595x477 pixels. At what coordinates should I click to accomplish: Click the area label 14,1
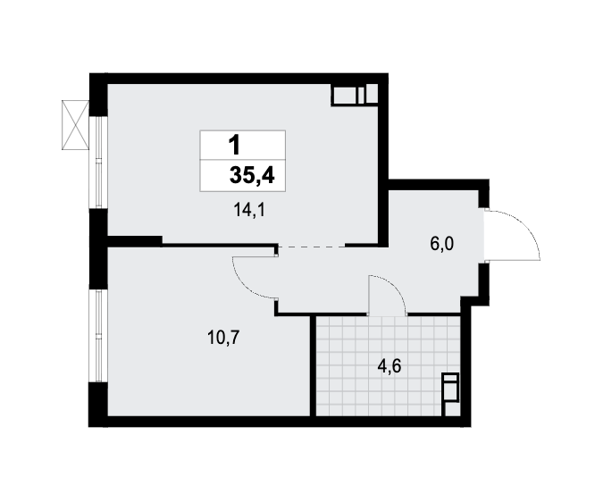pos(249,210)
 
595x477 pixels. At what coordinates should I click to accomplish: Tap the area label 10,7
pos(223,337)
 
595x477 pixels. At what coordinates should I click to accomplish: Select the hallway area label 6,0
pos(442,244)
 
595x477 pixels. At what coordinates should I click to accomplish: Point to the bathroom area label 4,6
pos(390,366)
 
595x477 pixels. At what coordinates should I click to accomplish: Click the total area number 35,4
pos(252,176)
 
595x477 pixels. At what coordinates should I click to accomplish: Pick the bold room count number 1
pos(235,146)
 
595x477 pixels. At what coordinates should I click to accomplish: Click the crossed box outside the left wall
pos(76,125)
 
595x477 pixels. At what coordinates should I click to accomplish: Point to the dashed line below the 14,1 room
pos(312,247)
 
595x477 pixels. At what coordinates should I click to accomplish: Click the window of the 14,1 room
pos(98,162)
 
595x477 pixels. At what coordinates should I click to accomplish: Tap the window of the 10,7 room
pos(98,336)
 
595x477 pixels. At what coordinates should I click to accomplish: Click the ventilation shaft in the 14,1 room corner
pos(355,94)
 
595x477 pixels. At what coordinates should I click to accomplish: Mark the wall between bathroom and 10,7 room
pos(313,366)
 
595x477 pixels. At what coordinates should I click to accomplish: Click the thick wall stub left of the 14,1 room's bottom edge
pos(135,240)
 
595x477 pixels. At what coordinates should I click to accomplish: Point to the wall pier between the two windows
pos(98,249)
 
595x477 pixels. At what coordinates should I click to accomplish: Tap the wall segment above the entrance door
pos(483,194)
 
